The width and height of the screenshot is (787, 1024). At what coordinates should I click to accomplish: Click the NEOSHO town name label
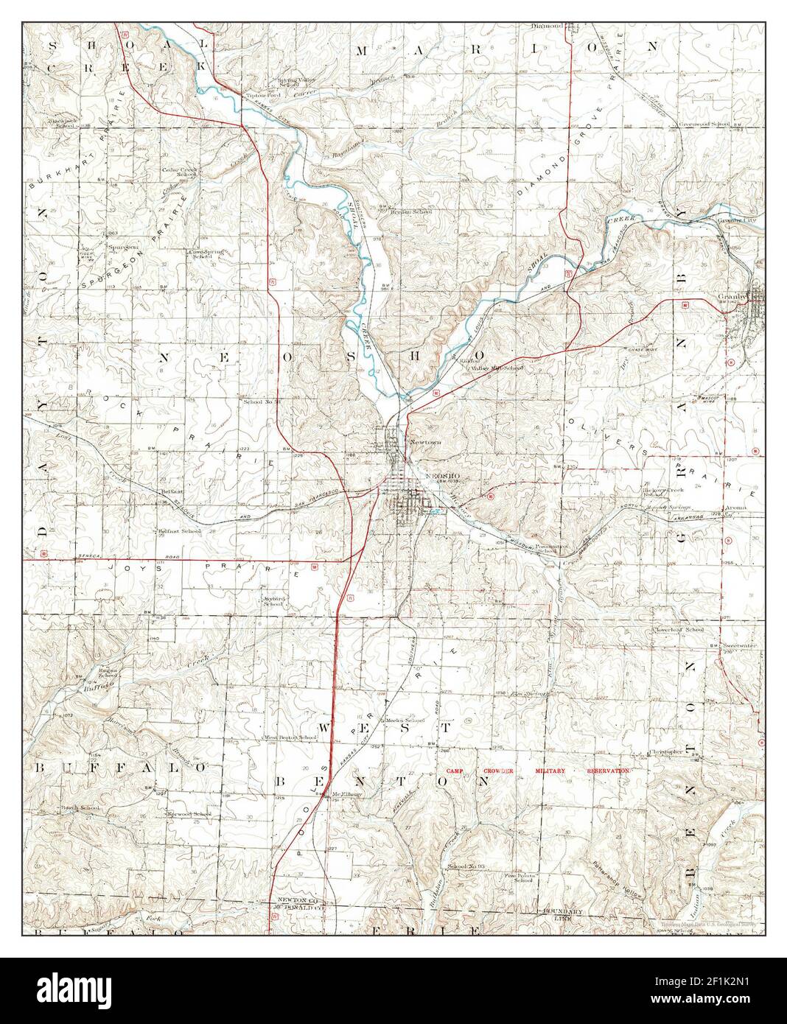(x=443, y=476)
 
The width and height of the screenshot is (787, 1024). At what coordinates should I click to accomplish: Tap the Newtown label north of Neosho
(x=425, y=442)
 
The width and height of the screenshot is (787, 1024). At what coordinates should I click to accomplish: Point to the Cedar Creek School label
(x=181, y=172)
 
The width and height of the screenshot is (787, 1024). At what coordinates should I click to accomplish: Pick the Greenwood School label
(x=704, y=124)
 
